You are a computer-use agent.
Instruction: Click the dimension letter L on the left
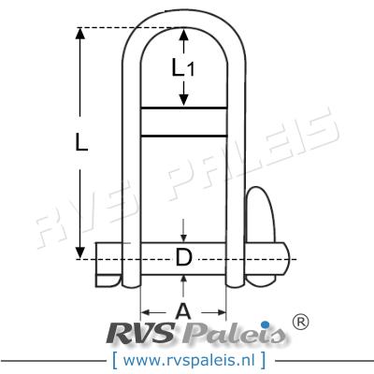pos(81,143)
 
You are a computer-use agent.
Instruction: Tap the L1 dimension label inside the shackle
pos(184,67)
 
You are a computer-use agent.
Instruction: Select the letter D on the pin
pos(184,259)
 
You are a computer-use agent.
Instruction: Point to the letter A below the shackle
pos(183,311)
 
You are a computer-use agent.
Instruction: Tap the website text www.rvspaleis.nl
pos(187,358)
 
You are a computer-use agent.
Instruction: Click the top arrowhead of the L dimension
pos(81,34)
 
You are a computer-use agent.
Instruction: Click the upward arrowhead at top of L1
pos(184,35)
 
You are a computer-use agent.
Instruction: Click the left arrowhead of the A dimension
pos(146,312)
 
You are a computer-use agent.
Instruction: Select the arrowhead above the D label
pos(184,242)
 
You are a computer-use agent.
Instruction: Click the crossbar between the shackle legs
pos(183,124)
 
